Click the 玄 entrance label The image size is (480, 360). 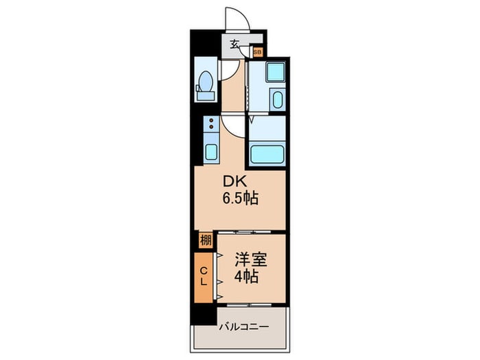click(235, 45)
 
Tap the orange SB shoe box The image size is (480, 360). click(258, 51)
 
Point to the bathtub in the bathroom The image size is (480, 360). click(267, 153)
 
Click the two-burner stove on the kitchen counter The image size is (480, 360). click(211, 124)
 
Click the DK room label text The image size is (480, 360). click(231, 183)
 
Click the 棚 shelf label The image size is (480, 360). click(205, 240)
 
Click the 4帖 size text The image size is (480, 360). click(246, 277)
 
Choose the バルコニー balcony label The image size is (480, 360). click(243, 326)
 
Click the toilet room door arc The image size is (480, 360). click(229, 71)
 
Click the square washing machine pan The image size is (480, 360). click(275, 72)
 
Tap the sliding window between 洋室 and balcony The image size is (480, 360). click(251, 303)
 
